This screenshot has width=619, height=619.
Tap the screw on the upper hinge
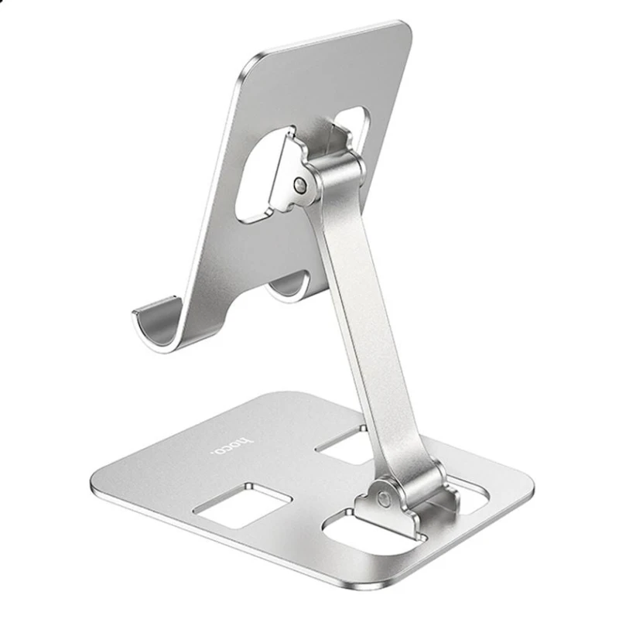tap(300, 184)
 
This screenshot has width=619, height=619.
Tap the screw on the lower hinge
tap(382, 498)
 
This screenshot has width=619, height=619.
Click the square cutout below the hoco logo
tap(242, 505)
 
